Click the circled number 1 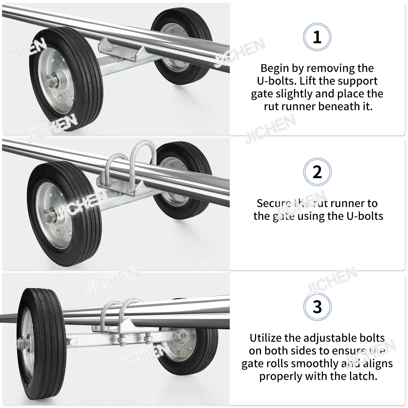point(317,37)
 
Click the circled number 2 point(317,172)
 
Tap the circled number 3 point(317,307)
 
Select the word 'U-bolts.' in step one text point(277,81)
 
